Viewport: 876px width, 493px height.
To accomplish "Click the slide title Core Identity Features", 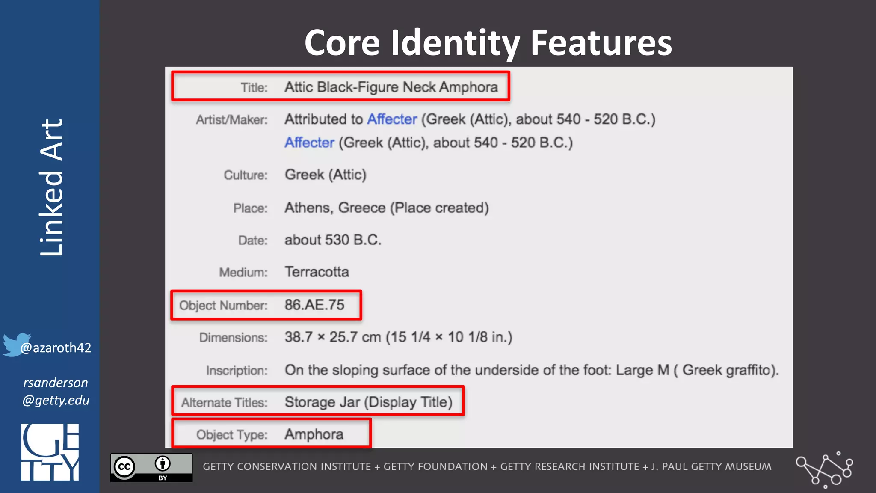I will click(488, 43).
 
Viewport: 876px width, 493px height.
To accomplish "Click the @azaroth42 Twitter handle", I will click(56, 348).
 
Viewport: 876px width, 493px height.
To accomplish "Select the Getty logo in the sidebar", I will click(50, 452).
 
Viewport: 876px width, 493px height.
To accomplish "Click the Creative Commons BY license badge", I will click(151, 468).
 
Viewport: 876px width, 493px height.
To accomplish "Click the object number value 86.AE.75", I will click(314, 305).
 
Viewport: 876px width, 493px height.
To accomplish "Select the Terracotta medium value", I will click(317, 272).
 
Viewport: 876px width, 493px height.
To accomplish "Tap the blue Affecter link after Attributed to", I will click(392, 119).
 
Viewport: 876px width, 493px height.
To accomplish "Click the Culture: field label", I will click(246, 175).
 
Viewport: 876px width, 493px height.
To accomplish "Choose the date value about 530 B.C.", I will click(333, 240).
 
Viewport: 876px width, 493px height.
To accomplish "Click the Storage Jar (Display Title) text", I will click(368, 402).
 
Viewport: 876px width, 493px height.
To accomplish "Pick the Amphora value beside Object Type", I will click(314, 434).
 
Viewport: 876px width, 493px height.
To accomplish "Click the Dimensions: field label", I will click(233, 338).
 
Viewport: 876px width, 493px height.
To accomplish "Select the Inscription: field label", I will click(237, 371).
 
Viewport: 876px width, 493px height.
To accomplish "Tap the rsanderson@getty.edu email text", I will click(56, 392).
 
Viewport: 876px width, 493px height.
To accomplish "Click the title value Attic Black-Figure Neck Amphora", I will click(391, 87).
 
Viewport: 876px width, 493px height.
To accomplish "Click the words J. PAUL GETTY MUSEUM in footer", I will click(711, 467).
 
